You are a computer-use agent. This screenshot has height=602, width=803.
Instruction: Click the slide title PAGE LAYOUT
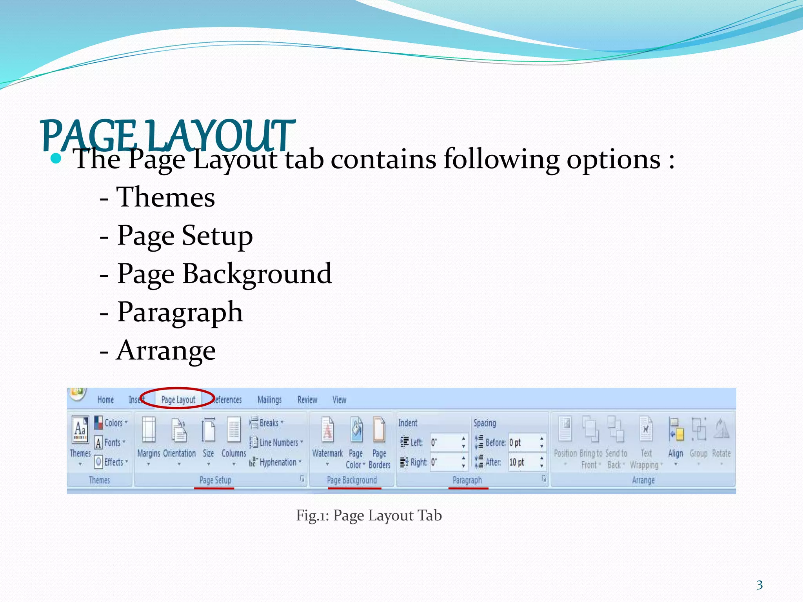pyautogui.click(x=167, y=135)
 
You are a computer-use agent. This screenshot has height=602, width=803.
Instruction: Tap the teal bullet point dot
pyautogui.click(x=56, y=159)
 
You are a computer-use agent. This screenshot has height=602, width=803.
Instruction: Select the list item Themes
pyautogui.click(x=165, y=197)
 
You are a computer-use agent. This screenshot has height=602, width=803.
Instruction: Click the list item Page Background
pyautogui.click(x=224, y=274)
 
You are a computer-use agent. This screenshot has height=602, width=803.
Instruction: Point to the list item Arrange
pyautogui.click(x=166, y=350)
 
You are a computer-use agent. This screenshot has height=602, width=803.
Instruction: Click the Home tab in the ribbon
pyautogui.click(x=105, y=400)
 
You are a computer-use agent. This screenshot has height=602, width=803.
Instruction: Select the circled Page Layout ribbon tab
pyautogui.click(x=178, y=400)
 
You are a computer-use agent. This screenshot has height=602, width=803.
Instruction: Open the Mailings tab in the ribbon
pyautogui.click(x=269, y=400)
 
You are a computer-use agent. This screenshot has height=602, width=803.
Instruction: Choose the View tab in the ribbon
pyautogui.click(x=339, y=400)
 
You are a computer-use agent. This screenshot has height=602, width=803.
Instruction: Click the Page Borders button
pyautogui.click(x=379, y=443)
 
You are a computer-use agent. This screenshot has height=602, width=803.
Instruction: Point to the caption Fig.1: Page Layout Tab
pyautogui.click(x=369, y=515)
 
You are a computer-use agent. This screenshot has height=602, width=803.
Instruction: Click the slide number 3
pyautogui.click(x=759, y=585)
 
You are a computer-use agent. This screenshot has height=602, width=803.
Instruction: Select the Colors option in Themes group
pyautogui.click(x=113, y=423)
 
